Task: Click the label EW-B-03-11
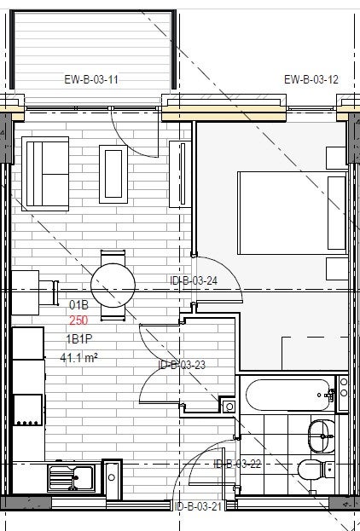click(91, 79)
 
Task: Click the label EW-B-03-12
click(311, 79)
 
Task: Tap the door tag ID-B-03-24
click(194, 280)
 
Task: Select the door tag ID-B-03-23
click(182, 365)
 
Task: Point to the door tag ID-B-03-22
click(237, 464)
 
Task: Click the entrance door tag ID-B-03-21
click(198, 506)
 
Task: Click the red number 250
click(78, 320)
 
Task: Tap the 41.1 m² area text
click(79, 357)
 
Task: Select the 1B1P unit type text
click(79, 339)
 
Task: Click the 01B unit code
click(78, 305)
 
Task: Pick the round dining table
click(113, 286)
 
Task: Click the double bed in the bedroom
click(293, 213)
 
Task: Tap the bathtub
click(287, 395)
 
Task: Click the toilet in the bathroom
click(316, 470)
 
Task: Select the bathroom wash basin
click(321, 436)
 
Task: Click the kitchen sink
click(71, 478)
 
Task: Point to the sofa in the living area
click(45, 174)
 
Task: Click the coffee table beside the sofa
click(113, 174)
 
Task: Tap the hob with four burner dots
click(28, 410)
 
